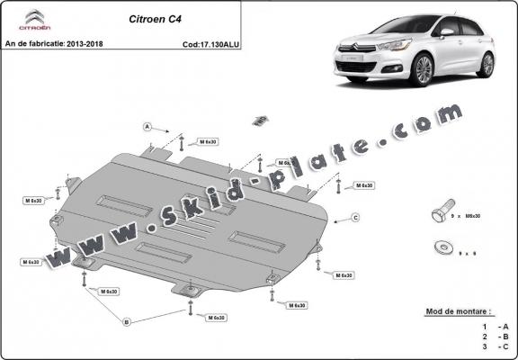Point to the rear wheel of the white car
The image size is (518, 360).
tap(487, 64)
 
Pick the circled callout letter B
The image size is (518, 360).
tap(127, 321)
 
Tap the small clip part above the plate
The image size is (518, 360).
tap(260, 120)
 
